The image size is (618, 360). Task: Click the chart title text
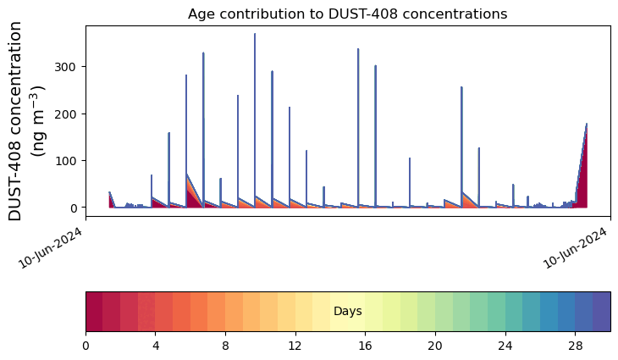(x=347, y=14)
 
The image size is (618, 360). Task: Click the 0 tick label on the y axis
(x=74, y=208)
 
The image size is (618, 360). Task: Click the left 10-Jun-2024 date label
(x=51, y=247)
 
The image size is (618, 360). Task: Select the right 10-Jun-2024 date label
(x=575, y=247)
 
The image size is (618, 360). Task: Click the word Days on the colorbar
(x=348, y=311)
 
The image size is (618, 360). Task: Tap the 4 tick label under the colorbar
(x=156, y=346)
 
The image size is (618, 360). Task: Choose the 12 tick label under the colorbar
(x=295, y=346)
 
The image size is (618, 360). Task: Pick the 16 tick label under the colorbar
(x=366, y=346)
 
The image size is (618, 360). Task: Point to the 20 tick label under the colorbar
(x=435, y=346)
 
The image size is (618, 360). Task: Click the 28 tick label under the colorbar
(x=575, y=346)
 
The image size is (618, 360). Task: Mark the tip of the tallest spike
(x=255, y=34)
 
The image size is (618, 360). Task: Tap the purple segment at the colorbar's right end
(x=602, y=312)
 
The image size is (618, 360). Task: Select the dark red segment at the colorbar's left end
(x=94, y=312)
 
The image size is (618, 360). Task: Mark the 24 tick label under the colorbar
(x=505, y=346)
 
